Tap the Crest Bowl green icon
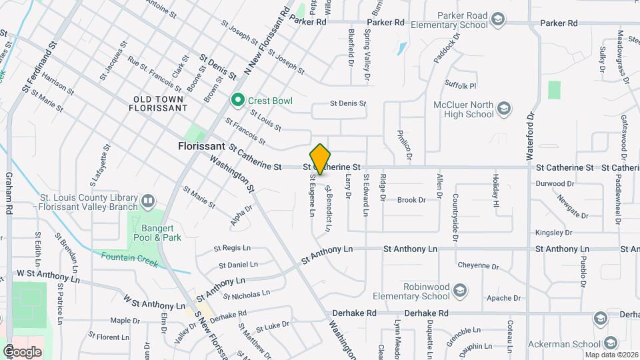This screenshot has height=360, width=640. [237, 101]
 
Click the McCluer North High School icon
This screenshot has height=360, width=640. [505, 109]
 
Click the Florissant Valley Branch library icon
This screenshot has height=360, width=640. [147, 200]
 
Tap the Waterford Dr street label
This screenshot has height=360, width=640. [531, 134]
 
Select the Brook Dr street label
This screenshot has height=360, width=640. [411, 200]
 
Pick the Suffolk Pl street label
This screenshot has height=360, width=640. [461, 85]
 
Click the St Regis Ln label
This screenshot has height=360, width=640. [231, 248]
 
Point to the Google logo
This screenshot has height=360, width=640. [22, 351]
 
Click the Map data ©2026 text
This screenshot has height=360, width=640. [611, 355]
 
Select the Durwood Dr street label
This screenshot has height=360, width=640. [555, 183]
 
